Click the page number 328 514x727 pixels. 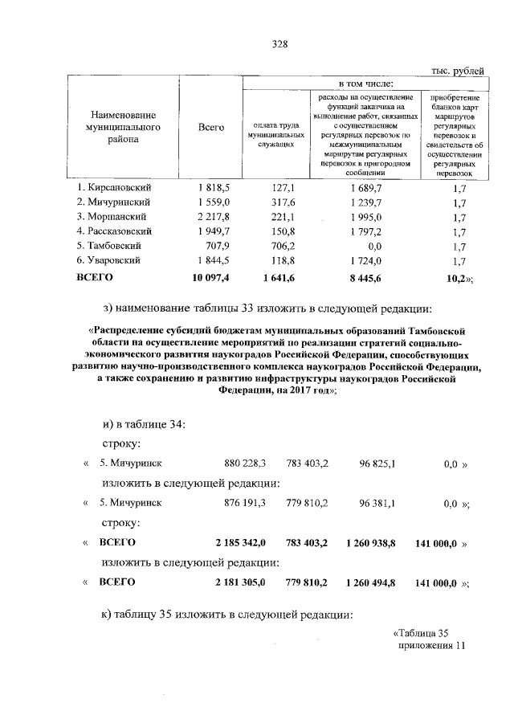pyautogui.click(x=279, y=45)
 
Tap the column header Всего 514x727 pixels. pyautogui.click(x=211, y=128)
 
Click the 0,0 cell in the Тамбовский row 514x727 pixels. pyautogui.click(x=371, y=246)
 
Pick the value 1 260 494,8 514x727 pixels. pyautogui.click(x=375, y=582)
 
